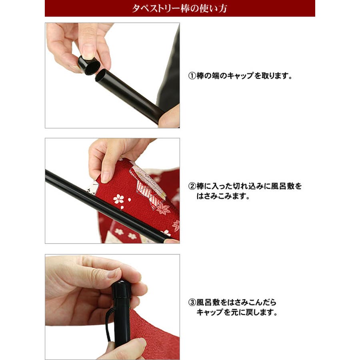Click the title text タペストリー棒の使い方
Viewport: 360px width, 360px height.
point(180,8)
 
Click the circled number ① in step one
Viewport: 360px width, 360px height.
point(192,76)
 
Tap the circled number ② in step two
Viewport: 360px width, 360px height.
point(192,186)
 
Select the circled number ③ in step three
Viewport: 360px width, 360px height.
point(192,302)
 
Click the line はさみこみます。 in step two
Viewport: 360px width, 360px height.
point(223,196)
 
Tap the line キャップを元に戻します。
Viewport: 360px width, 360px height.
point(237,312)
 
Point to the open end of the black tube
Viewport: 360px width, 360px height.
point(100,76)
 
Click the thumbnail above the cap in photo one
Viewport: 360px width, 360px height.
point(88,51)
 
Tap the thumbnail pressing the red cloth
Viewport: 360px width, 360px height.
point(106,176)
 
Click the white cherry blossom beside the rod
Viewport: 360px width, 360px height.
point(118,199)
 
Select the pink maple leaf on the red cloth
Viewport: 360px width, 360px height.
point(163,209)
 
